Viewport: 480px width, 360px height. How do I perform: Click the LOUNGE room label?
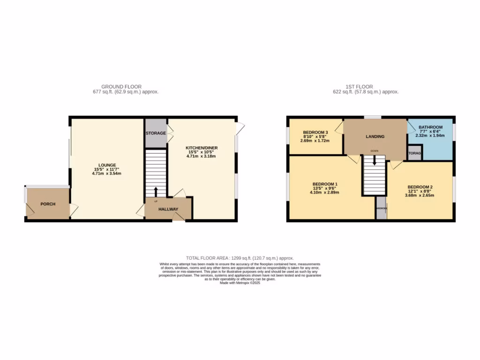coord(107,165)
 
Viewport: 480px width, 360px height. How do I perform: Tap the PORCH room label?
coord(48,204)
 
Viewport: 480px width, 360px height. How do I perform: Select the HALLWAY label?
coord(168,209)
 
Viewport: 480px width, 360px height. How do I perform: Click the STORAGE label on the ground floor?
coord(156,133)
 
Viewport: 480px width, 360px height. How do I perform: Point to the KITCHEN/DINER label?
coord(202,148)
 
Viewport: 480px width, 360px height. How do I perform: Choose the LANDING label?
coord(375,136)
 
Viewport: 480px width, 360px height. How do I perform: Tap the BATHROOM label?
coord(430,127)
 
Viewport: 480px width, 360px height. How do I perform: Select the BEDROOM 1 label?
coord(325,184)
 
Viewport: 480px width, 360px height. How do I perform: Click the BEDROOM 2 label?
coord(420,187)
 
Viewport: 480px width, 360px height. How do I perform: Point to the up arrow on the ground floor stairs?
coord(156,191)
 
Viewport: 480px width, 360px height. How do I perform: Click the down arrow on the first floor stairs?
coord(374,161)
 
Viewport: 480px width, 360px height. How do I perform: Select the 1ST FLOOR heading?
coord(359,87)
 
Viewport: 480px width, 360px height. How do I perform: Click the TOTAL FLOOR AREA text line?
coord(240,258)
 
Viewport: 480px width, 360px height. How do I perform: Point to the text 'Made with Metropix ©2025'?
coord(240,283)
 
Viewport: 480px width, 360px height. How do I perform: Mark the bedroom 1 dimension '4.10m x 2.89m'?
coord(324,192)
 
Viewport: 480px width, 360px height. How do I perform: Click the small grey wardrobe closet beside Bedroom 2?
coord(381,208)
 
